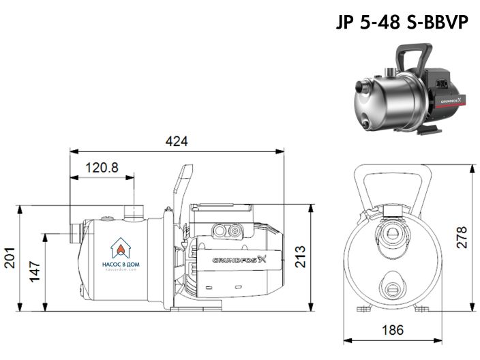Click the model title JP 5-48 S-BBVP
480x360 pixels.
click(401, 22)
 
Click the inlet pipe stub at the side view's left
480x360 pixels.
click(73, 230)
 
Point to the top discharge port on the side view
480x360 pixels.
click(132, 209)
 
